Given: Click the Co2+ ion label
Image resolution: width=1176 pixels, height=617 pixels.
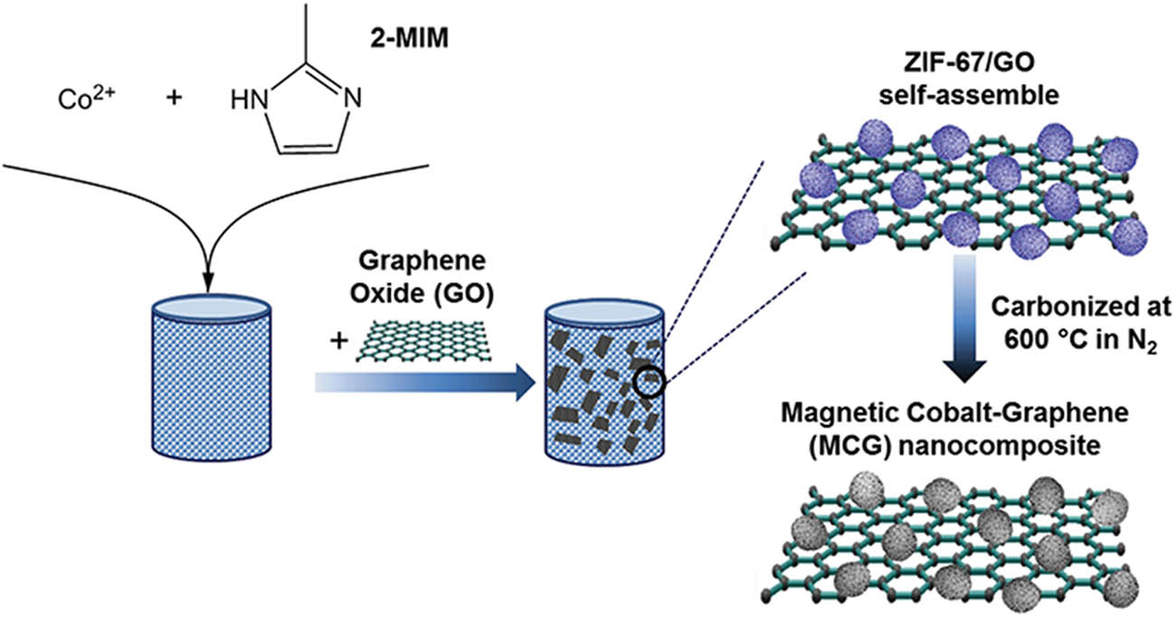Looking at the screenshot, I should click(74, 97).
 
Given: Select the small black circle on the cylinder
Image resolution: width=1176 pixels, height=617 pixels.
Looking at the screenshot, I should click(650, 384).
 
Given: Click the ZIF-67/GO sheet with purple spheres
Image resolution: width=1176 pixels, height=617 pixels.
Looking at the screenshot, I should click(959, 190).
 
